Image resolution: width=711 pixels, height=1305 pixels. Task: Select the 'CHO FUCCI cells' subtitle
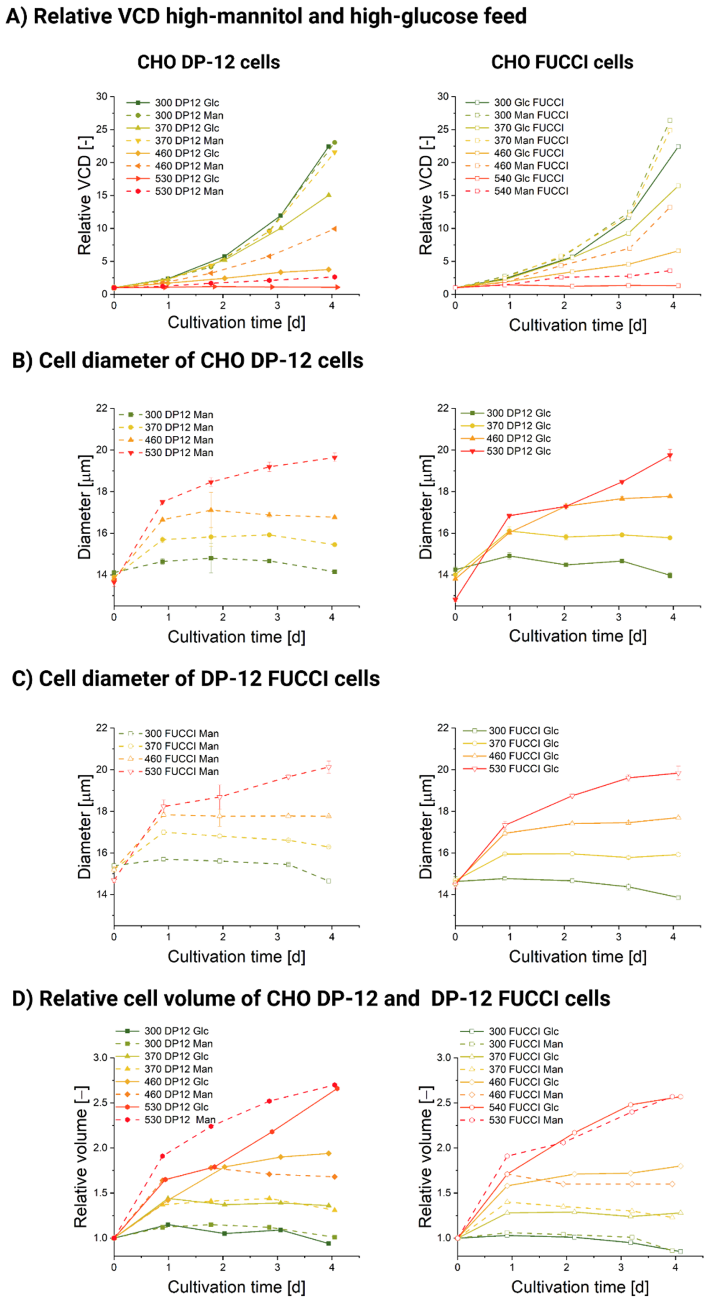562,62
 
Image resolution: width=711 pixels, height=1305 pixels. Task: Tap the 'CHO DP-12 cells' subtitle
209,62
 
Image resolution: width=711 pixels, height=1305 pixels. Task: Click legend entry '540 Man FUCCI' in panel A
531,191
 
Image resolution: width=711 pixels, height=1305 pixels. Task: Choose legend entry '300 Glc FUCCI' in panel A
529,102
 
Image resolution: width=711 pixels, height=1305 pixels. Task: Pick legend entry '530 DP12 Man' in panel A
188,191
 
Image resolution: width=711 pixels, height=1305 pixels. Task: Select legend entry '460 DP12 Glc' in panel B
518,438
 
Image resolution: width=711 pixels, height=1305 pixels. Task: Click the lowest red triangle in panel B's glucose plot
455,600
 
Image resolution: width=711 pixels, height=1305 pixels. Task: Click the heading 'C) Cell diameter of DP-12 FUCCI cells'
196,679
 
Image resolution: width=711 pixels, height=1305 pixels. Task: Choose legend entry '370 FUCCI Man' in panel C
181,746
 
